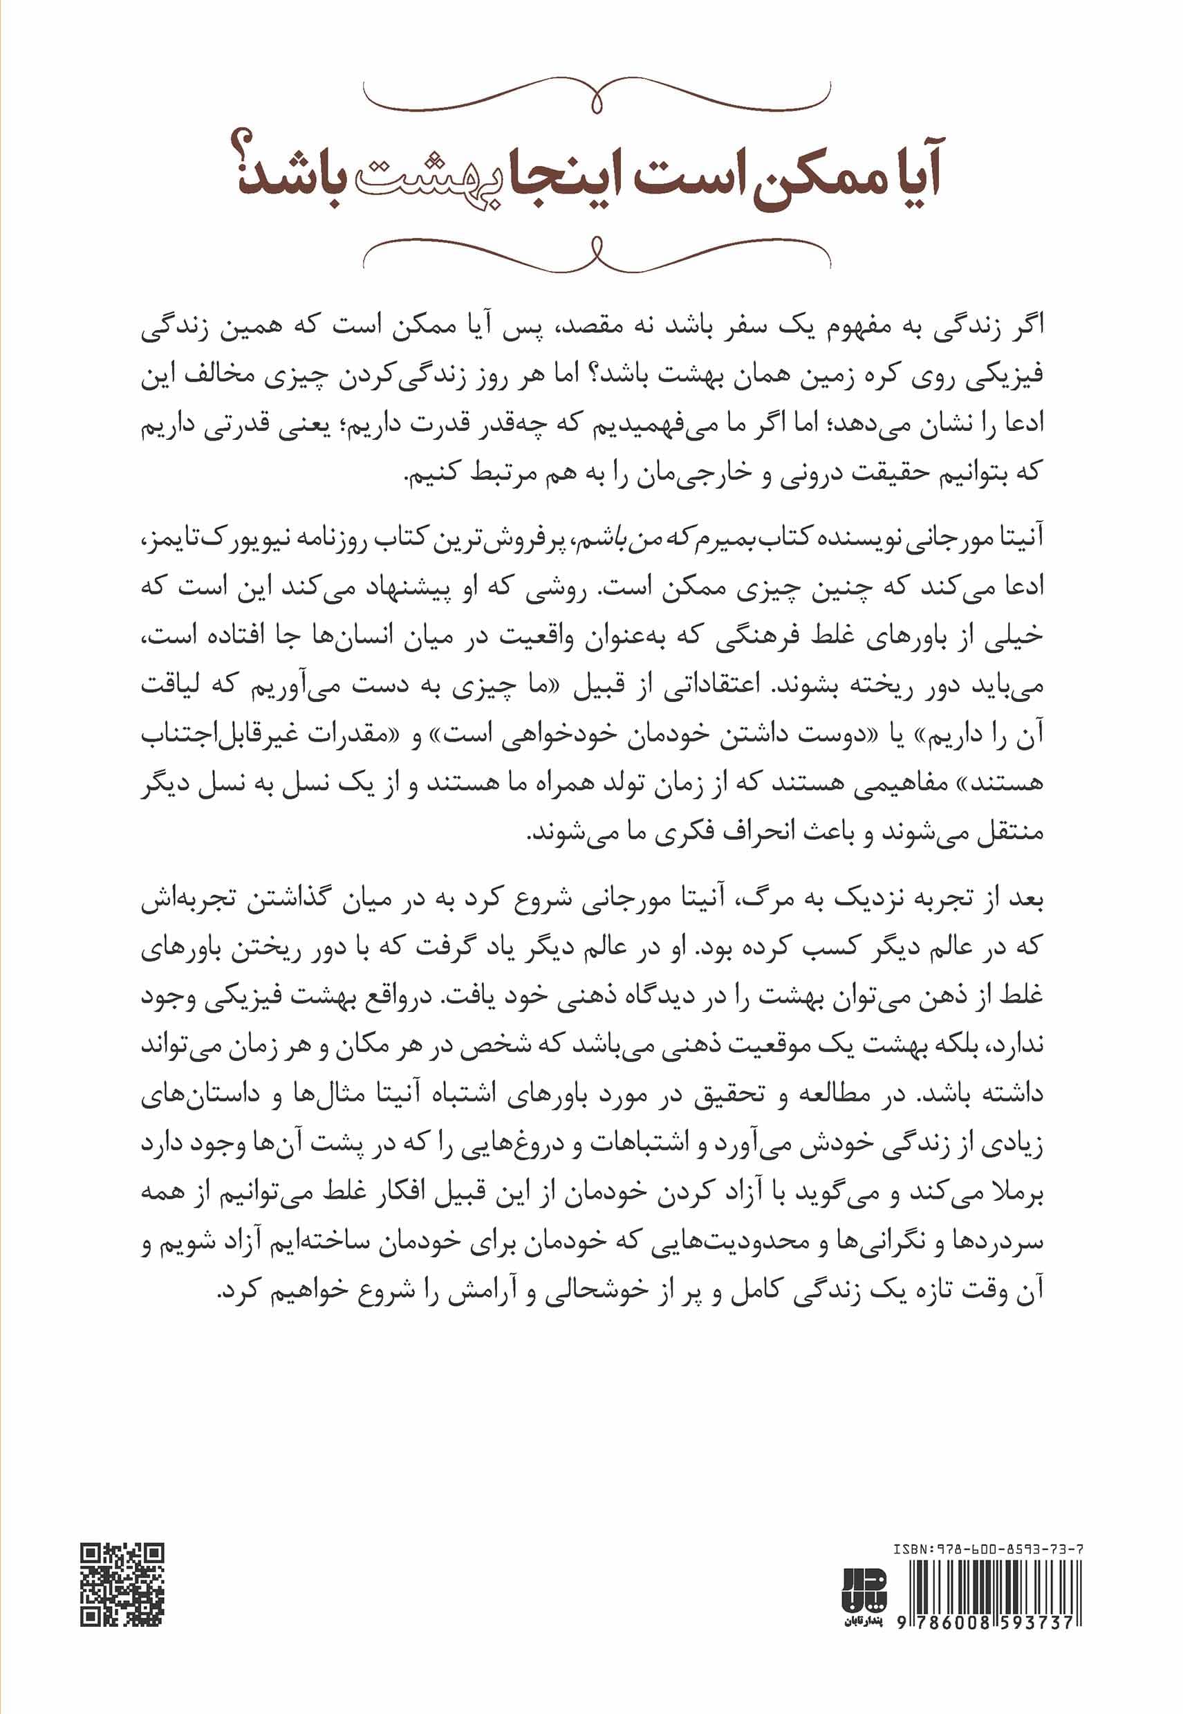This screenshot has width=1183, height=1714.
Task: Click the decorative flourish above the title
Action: pyautogui.click(x=597, y=96)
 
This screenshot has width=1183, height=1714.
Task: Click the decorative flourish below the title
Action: pyautogui.click(x=597, y=256)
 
